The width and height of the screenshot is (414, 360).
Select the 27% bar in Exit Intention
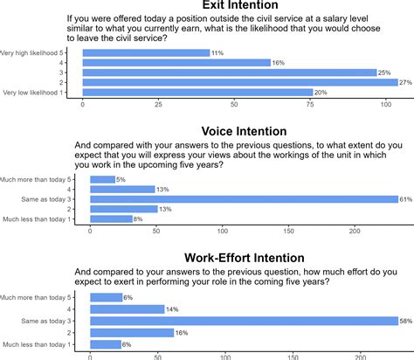240,82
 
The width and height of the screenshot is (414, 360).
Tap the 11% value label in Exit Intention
217,53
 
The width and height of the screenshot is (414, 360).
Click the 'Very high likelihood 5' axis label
39,53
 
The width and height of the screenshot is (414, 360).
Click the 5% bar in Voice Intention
102,179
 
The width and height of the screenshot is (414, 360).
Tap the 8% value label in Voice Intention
138,218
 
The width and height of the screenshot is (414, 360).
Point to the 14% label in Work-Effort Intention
171,309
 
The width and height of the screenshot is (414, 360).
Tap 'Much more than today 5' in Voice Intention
44,179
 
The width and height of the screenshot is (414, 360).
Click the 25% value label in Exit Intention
384,73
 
